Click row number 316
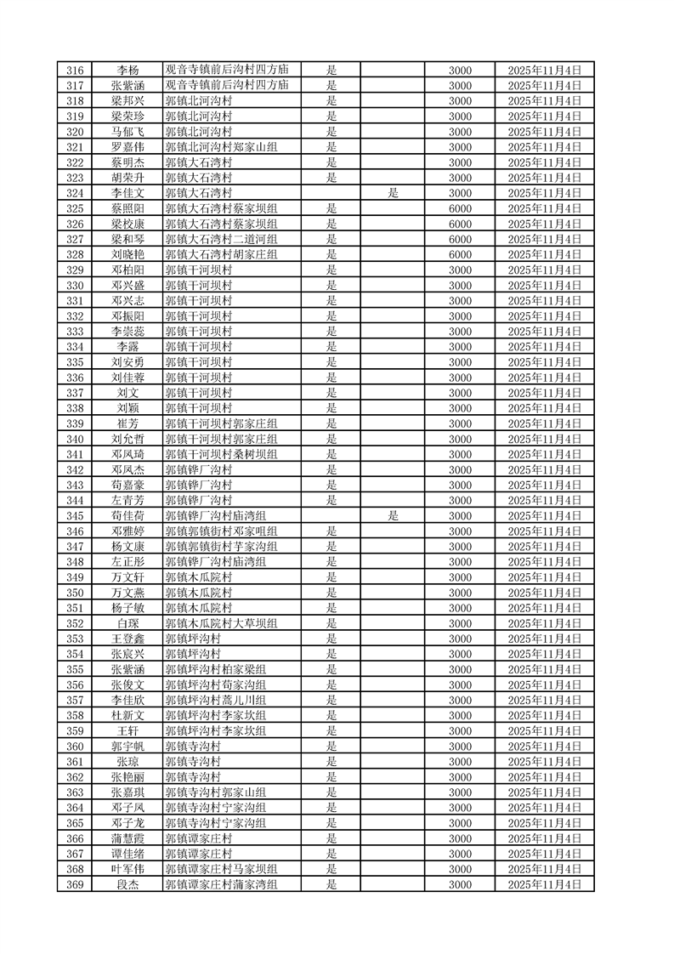pos(75,70)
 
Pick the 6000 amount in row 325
pos(460,208)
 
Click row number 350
pos(75,593)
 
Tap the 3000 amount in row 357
pos(460,700)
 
